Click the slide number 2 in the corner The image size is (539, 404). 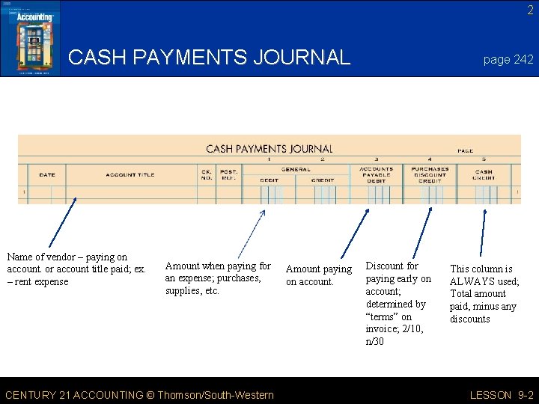pyautogui.click(x=529, y=10)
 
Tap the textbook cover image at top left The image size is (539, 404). pyautogui.click(x=30, y=38)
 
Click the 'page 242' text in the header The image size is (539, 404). pyautogui.click(x=508, y=60)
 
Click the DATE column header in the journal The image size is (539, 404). pyautogui.click(x=47, y=175)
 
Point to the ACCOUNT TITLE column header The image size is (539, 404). pyautogui.click(x=130, y=175)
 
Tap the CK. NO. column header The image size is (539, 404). pyautogui.click(x=207, y=175)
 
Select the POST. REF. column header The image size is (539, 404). pyautogui.click(x=228, y=175)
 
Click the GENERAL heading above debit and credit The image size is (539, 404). pyautogui.click(x=296, y=169)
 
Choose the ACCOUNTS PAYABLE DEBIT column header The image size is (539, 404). pyautogui.click(x=376, y=174)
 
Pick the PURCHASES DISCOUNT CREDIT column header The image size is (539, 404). pyautogui.click(x=429, y=174)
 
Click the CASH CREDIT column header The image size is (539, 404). pyautogui.click(x=484, y=174)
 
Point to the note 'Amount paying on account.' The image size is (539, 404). pyautogui.click(x=318, y=275)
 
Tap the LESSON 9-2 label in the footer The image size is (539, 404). pyautogui.click(x=501, y=395)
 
